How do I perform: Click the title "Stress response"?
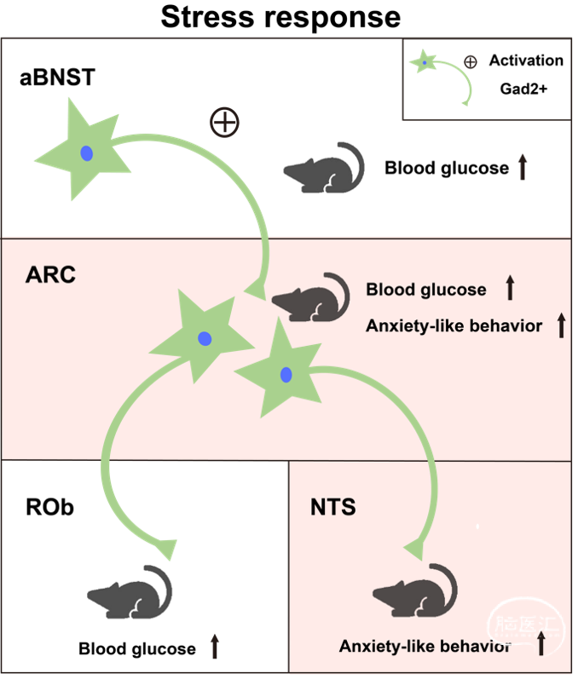[x=280, y=17]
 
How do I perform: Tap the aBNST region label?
[x=57, y=78]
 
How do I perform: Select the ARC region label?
[x=50, y=274]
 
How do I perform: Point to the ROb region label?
[x=49, y=507]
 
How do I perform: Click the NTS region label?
[x=333, y=507]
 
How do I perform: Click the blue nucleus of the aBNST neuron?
[x=87, y=153]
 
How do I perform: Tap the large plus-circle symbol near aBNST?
[x=224, y=122]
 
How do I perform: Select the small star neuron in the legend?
[x=424, y=62]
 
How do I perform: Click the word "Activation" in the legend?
[x=527, y=60]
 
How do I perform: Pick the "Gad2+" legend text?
[x=523, y=89]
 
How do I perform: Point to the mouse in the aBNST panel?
[x=324, y=168]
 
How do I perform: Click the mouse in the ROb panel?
[x=130, y=591]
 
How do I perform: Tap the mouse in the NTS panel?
[x=414, y=590]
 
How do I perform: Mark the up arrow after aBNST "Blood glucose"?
[x=523, y=167]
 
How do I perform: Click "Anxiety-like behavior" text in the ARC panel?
[x=454, y=325]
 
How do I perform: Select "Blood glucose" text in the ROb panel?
[x=137, y=648]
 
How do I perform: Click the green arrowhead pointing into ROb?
[x=167, y=550]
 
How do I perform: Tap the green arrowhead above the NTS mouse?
[x=414, y=550]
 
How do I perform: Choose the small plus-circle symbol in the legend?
[x=470, y=62]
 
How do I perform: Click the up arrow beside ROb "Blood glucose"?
[x=215, y=647]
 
